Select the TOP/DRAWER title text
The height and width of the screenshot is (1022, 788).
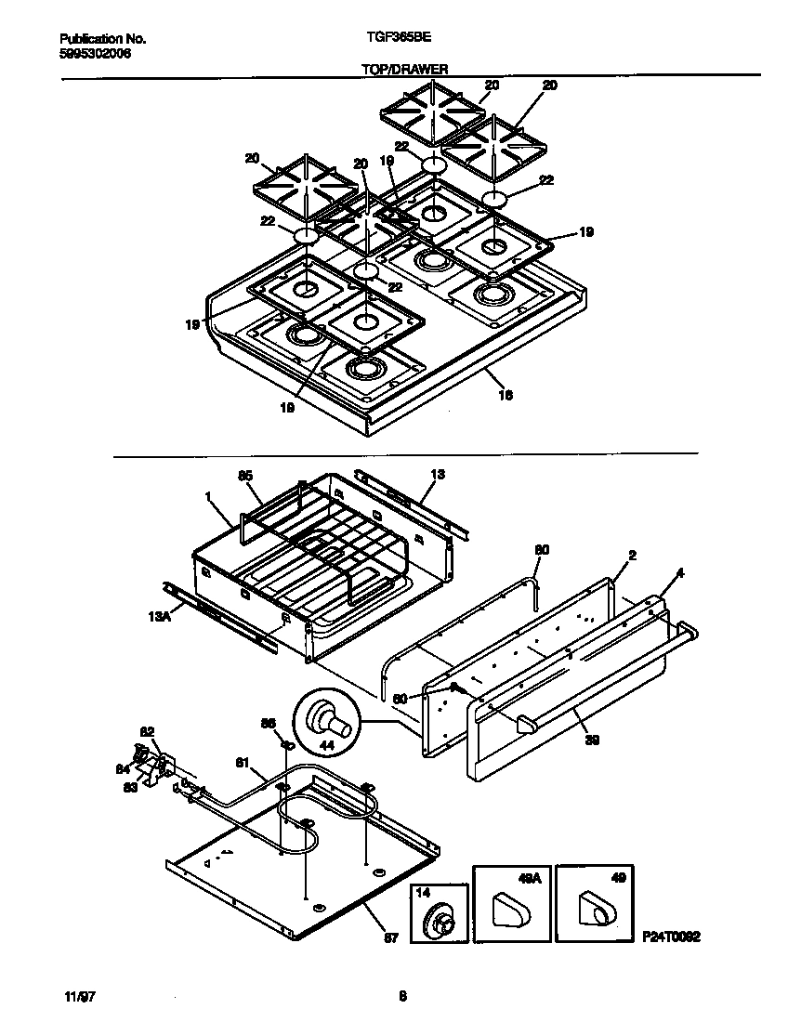click(x=404, y=69)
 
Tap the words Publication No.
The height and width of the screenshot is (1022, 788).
click(x=102, y=39)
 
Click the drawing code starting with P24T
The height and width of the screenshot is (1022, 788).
click(x=669, y=938)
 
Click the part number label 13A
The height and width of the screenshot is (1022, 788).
click(x=158, y=616)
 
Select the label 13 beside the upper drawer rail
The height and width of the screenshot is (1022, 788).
click(x=438, y=475)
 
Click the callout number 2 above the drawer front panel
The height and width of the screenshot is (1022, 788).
click(x=632, y=556)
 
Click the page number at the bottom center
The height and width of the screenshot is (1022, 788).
click(x=402, y=997)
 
